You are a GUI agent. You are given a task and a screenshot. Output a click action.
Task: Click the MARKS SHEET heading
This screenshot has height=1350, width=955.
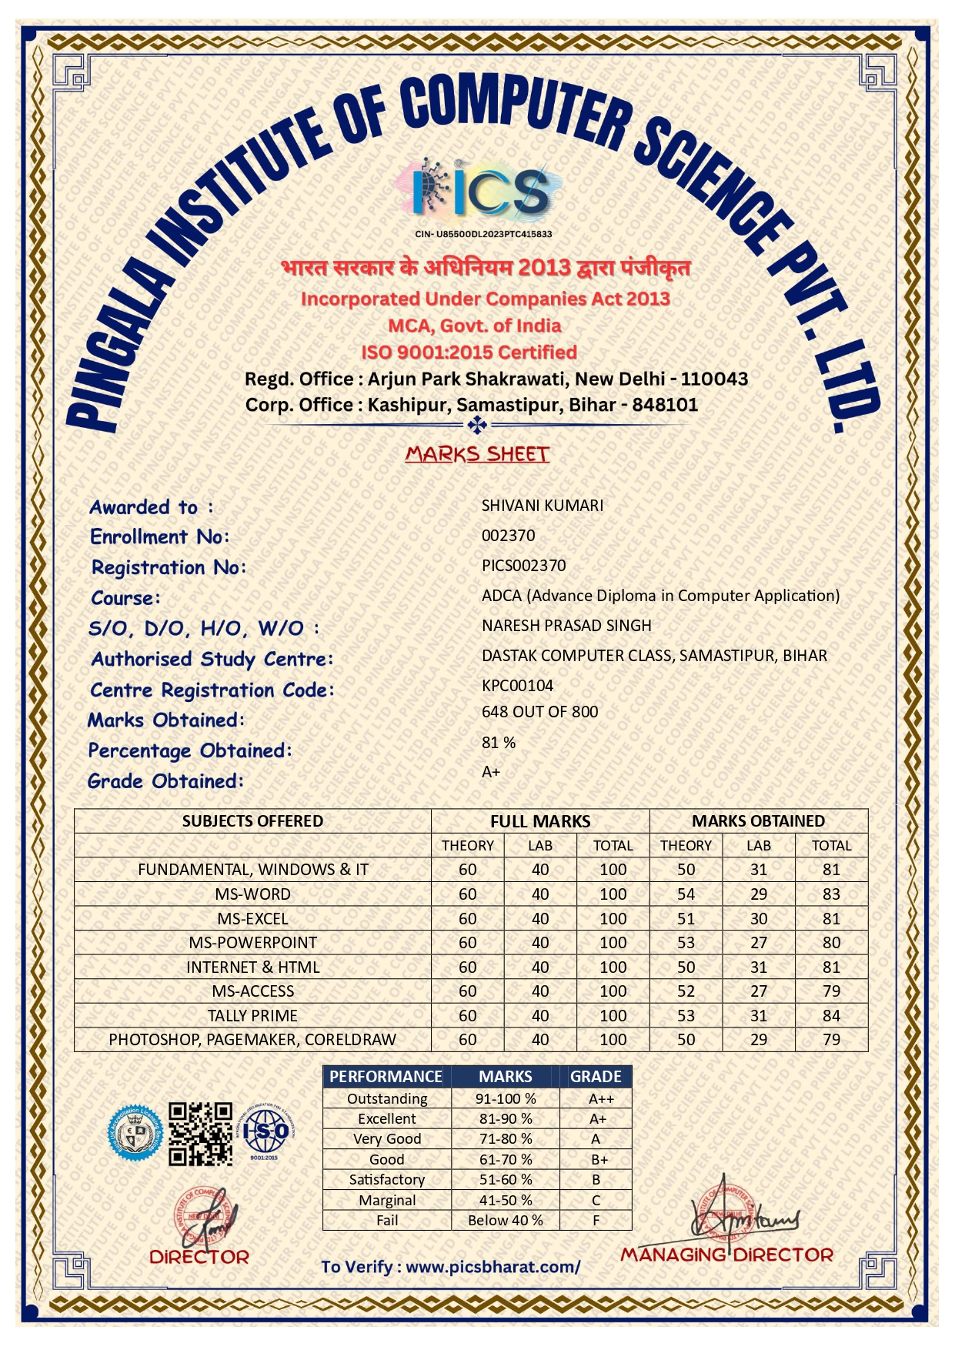[x=477, y=454]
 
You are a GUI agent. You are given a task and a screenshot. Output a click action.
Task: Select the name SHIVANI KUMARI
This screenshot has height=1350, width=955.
[x=543, y=506]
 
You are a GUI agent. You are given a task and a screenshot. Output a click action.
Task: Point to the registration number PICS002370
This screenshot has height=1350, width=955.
[x=523, y=566]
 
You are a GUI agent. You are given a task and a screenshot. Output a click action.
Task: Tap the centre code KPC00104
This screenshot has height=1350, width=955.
[x=517, y=686]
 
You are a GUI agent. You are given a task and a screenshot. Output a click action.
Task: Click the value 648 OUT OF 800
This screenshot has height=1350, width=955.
[x=539, y=712]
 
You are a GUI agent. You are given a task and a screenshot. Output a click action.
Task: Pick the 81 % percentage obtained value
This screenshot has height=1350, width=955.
[x=499, y=743]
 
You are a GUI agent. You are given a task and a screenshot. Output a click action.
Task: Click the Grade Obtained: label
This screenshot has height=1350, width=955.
[x=165, y=781]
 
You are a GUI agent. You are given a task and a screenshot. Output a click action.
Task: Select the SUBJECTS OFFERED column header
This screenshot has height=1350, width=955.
[x=252, y=821]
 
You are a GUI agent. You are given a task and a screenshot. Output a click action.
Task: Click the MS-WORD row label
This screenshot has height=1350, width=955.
[x=252, y=894]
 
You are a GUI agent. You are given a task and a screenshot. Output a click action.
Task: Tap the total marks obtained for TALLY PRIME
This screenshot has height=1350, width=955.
[x=831, y=1016]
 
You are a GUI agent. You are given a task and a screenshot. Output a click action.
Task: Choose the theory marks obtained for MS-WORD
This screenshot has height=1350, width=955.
[x=686, y=894]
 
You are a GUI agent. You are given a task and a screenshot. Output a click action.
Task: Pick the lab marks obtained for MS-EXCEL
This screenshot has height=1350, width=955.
[x=759, y=919]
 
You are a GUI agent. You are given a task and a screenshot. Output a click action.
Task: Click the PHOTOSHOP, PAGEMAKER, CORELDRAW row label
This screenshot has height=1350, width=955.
[x=252, y=1040]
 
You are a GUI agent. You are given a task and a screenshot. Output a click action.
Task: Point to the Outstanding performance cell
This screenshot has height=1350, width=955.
[x=387, y=1099]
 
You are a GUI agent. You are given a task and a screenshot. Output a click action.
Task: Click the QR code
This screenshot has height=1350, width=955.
[x=200, y=1133]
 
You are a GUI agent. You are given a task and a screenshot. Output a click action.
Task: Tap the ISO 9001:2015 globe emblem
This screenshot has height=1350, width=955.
[x=265, y=1131]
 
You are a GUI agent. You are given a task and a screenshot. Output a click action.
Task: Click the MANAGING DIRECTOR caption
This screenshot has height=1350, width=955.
[x=726, y=1255]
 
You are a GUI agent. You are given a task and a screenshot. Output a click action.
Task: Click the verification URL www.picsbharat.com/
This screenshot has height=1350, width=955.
[x=493, y=1267]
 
